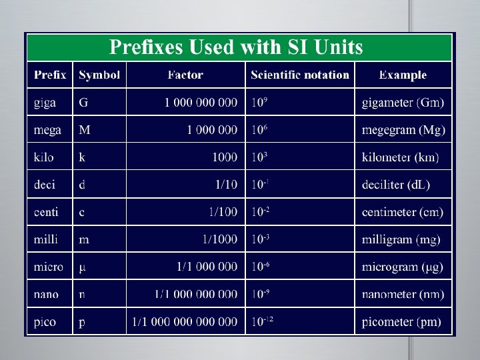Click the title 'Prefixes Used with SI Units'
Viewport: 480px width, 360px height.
tap(236, 47)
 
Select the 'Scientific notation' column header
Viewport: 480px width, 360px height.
tap(300, 75)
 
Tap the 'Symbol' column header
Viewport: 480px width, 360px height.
tap(99, 75)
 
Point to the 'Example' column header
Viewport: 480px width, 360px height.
tap(403, 75)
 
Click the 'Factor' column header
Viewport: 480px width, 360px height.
tap(185, 75)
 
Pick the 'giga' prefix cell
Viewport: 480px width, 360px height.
tap(45, 103)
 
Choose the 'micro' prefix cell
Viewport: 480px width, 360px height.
tap(49, 267)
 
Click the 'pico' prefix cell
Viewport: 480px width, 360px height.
tap(45, 322)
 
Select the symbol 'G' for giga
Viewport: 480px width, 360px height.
tap(83, 103)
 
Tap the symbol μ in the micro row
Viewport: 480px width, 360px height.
tap(83, 267)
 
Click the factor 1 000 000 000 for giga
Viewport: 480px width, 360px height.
tap(201, 103)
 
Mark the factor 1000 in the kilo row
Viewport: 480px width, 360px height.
tap(224, 157)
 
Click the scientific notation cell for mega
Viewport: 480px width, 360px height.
tap(260, 129)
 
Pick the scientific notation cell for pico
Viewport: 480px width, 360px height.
tap(263, 321)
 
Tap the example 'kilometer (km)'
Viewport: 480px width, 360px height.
tap(401, 157)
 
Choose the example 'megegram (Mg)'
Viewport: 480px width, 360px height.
tap(403, 130)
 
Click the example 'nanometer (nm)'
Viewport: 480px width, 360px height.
tap(403, 295)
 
